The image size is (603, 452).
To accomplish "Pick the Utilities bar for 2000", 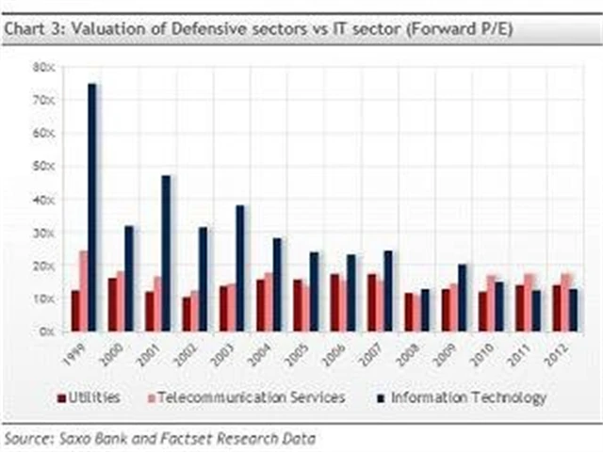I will (112, 304).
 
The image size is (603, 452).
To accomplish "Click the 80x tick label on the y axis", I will (43, 67).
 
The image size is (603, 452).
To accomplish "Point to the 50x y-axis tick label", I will (43, 166).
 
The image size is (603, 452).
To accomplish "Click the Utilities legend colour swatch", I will (60, 398).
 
